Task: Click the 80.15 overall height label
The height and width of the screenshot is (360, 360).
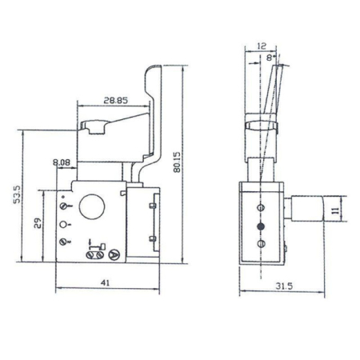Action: click(186, 158)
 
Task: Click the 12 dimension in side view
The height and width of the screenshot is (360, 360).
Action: click(262, 46)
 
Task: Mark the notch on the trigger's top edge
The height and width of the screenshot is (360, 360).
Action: click(97, 124)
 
